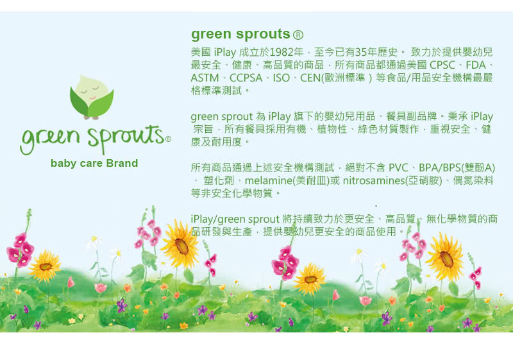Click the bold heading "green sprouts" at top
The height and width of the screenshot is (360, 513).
tap(240, 35)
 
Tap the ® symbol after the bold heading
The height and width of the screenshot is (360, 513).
tap(298, 35)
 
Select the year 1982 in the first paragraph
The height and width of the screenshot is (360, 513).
tap(282, 52)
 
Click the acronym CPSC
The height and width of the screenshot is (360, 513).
tap(442, 65)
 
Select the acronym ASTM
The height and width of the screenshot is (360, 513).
tap(205, 78)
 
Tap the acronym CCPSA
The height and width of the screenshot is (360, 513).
tap(246, 78)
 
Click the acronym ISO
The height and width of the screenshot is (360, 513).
tap(282, 78)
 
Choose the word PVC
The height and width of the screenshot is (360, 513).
tap(398, 168)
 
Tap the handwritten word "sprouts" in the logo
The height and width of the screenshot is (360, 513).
tap(126, 137)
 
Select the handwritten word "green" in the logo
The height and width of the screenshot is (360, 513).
tap(50, 139)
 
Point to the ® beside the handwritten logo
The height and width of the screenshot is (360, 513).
tap(168, 139)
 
